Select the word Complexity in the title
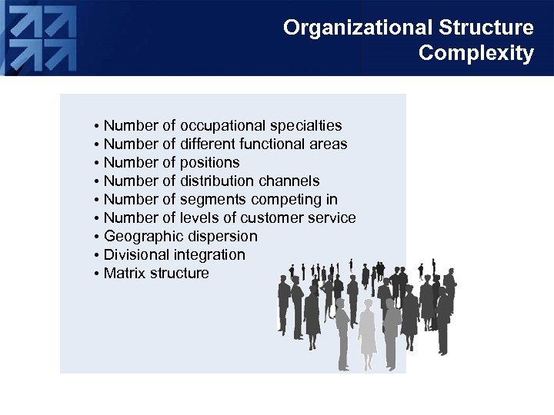pos(476,54)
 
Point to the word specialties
pos(307,125)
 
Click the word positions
pos(209,162)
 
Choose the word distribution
pos(215,181)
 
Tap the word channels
pos(289,181)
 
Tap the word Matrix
pos(125,273)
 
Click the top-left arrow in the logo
pos(24,22)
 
